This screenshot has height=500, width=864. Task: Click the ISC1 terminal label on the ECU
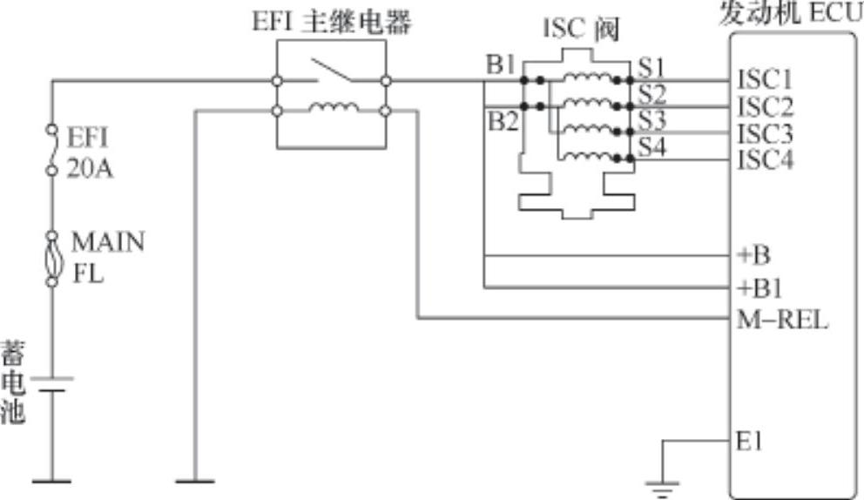click(x=765, y=80)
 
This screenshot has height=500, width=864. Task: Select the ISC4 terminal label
click(x=765, y=160)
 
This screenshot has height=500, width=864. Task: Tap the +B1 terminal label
click(x=759, y=286)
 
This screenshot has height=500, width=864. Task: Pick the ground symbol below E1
click(x=664, y=489)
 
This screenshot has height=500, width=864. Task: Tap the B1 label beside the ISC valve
click(x=502, y=66)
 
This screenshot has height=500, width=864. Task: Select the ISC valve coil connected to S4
click(x=584, y=156)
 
